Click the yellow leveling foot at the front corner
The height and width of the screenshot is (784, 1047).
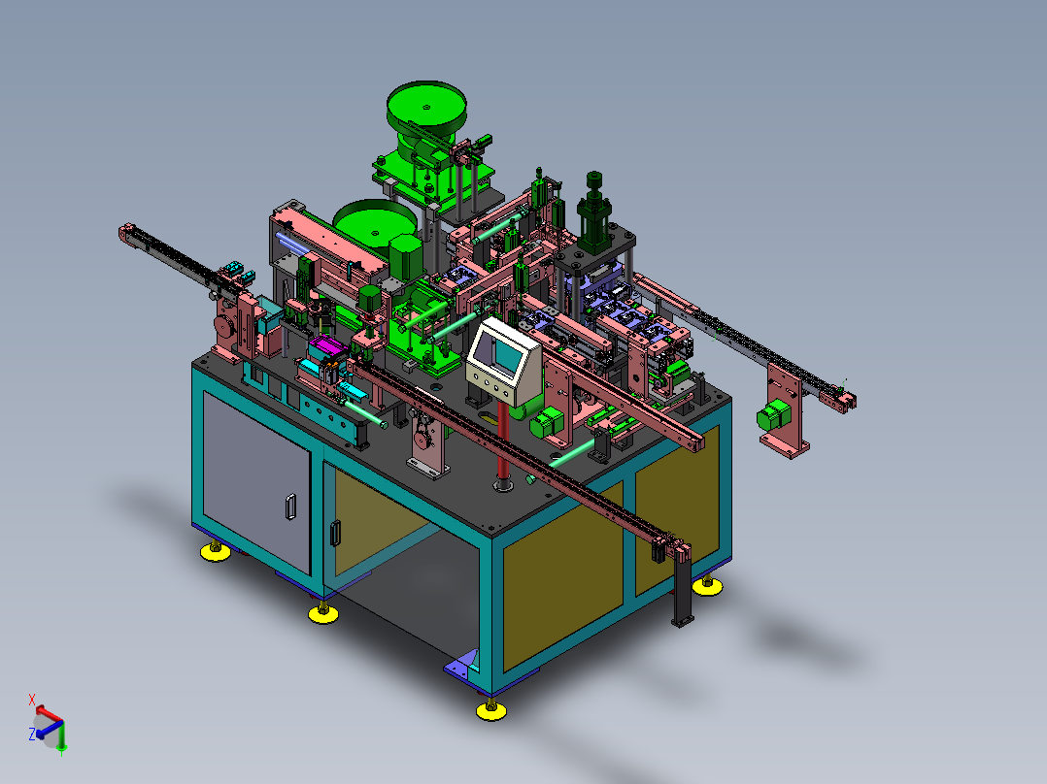[x=490, y=710]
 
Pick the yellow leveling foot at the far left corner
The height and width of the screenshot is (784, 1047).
[x=215, y=551]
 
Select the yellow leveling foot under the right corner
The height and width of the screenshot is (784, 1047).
[x=707, y=585]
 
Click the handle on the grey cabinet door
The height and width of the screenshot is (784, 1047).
[x=291, y=506]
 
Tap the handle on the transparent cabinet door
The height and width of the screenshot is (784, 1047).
[x=335, y=533]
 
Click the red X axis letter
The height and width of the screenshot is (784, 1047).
[x=31, y=700]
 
